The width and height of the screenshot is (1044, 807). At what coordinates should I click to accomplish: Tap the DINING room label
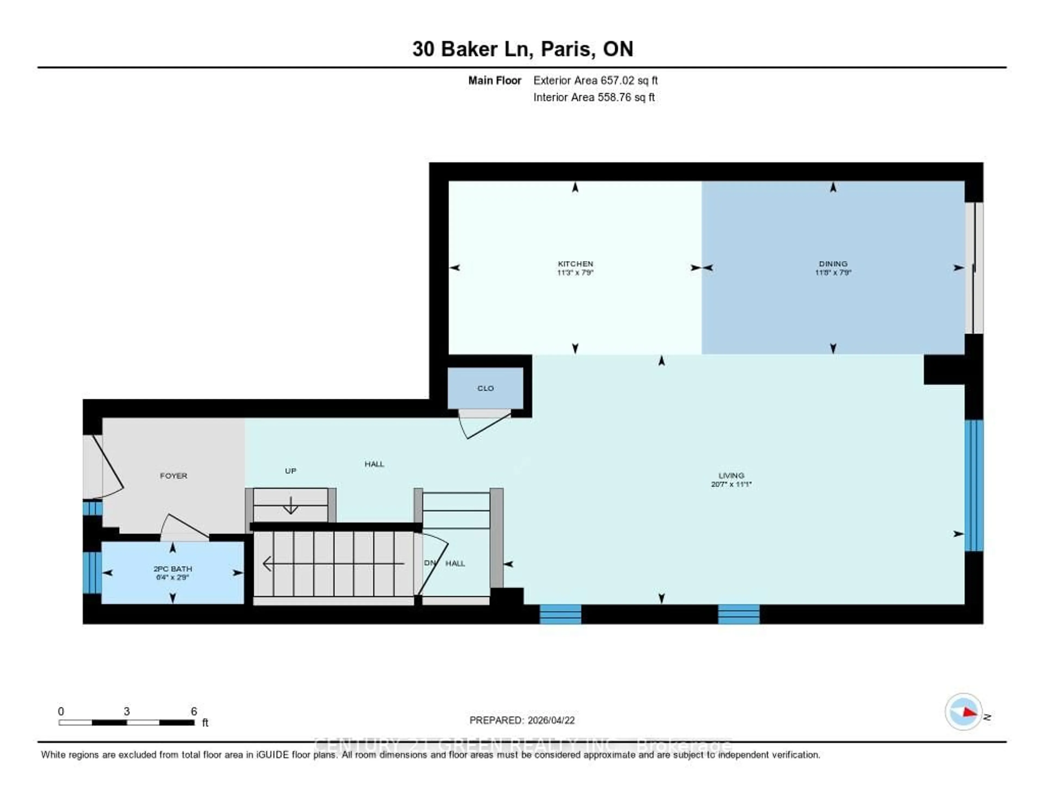pyautogui.click(x=833, y=264)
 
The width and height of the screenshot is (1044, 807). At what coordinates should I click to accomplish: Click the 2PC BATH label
pyautogui.click(x=173, y=569)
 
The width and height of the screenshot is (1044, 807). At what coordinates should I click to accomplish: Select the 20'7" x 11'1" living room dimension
pyautogui.click(x=731, y=484)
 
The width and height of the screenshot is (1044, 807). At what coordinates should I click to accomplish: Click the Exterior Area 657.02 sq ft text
pyautogui.click(x=595, y=80)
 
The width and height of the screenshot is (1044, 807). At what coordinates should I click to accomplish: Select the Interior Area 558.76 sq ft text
pyautogui.click(x=594, y=97)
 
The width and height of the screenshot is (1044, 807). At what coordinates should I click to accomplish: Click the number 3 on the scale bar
pyautogui.click(x=127, y=711)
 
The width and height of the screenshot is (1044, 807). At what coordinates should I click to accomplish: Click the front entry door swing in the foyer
pyautogui.click(x=108, y=466)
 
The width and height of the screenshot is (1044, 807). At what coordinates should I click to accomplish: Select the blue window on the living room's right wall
pyautogui.click(x=974, y=486)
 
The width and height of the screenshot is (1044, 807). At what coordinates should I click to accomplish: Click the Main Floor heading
pyautogui.click(x=494, y=80)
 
